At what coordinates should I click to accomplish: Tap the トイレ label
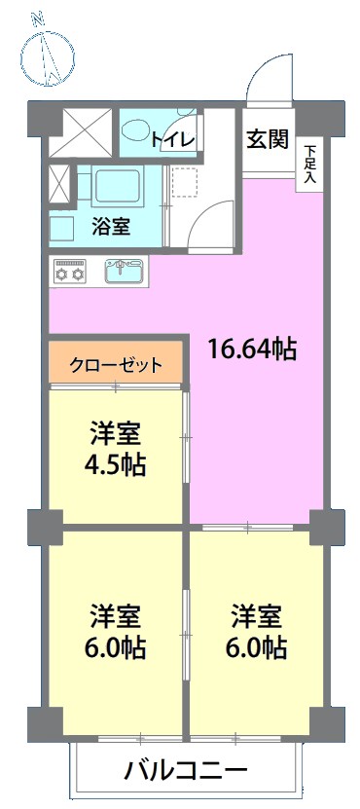pos(173,139)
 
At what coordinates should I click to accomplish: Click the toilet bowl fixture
pos(136,131)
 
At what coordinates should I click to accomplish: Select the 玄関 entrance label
pos(267,139)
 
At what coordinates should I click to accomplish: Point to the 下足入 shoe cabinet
pos(309,165)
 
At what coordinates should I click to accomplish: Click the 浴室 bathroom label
pos(111,226)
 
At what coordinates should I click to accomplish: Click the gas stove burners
pos(71,272)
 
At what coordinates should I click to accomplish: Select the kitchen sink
pos(126,271)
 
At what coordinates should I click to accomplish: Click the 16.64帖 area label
pos(252,350)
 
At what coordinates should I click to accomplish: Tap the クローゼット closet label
pos(116,365)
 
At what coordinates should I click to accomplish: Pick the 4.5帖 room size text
pos(116,465)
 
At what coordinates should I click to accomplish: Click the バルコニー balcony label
pos(186,772)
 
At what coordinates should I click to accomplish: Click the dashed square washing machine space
pos(185,182)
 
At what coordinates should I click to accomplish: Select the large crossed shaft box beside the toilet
pos(81,132)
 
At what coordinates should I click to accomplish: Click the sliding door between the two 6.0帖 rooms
pos(186,634)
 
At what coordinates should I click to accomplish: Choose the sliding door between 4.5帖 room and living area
pos(186,437)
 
